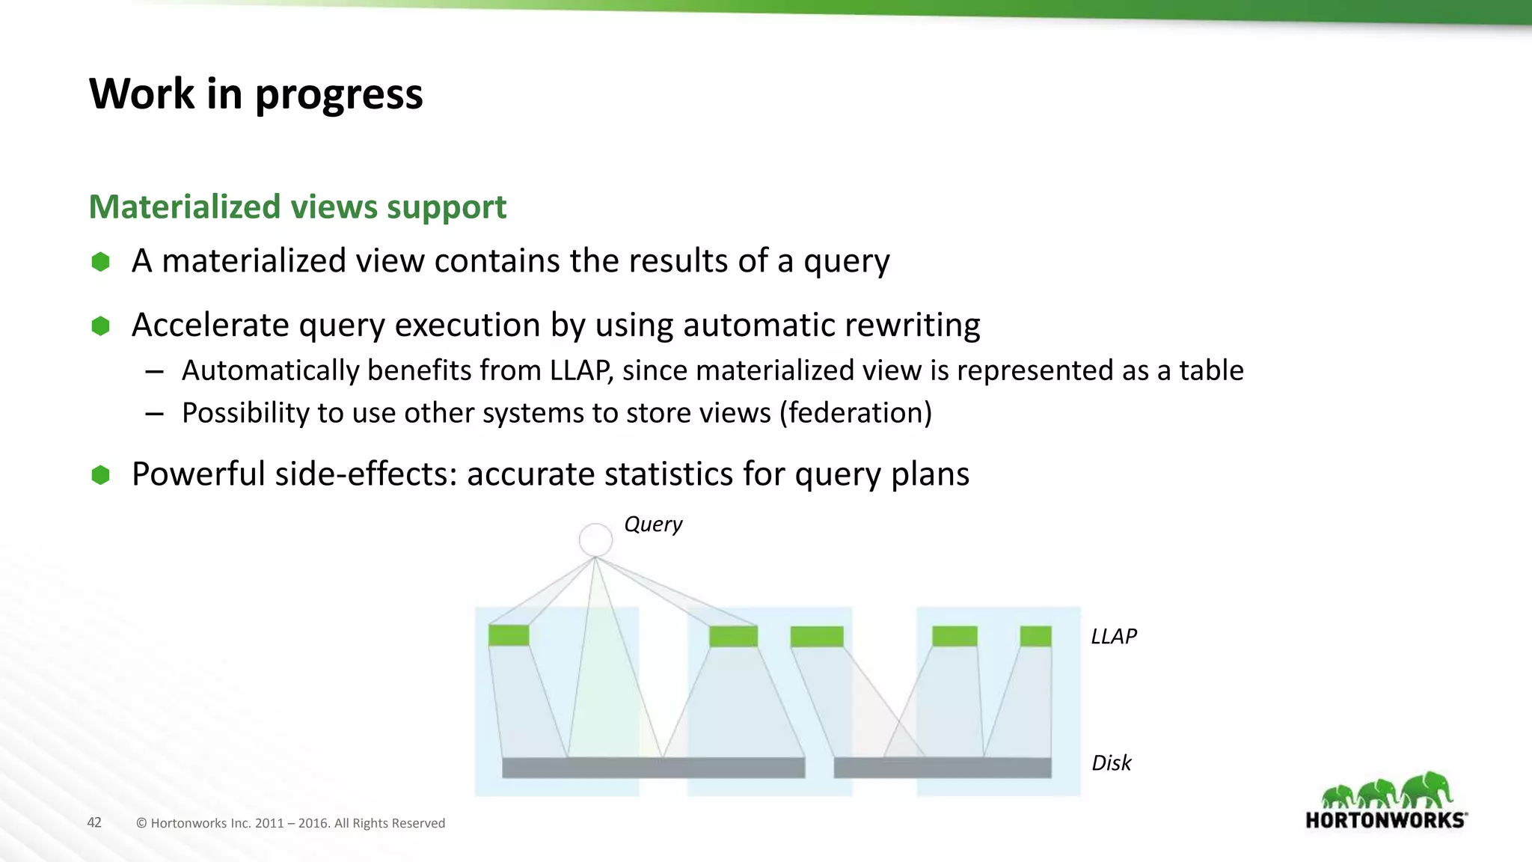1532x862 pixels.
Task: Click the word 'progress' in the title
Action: click(339, 95)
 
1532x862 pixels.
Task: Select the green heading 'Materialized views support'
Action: click(297, 207)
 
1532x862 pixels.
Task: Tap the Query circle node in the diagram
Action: click(595, 539)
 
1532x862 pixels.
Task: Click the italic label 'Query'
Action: click(652, 524)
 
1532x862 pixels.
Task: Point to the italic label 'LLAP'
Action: click(1113, 636)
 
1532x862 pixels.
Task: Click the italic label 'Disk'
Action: click(1111, 762)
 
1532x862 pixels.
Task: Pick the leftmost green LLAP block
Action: click(509, 635)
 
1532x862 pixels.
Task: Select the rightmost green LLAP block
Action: click(1035, 636)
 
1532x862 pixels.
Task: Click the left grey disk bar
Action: click(653, 768)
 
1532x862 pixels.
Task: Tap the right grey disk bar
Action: click(942, 768)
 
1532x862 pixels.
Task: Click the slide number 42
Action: click(94, 822)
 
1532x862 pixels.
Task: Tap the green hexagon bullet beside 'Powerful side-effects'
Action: click(100, 474)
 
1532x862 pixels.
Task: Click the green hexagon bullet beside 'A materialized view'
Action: click(100, 261)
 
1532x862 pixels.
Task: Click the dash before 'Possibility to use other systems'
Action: click(155, 413)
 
